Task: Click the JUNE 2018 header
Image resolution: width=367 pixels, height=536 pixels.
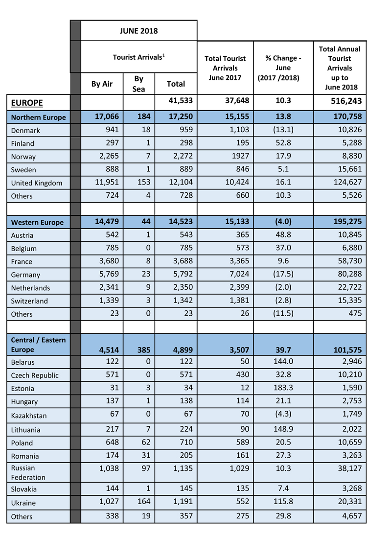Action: pos(139,31)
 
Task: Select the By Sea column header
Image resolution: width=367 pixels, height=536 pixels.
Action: pos(138,84)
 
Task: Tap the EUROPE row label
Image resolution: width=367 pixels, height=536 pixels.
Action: pos(27,103)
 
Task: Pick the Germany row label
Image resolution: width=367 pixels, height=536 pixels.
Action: pos(25,275)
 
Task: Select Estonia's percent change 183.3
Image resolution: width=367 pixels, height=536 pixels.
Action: pos(283,389)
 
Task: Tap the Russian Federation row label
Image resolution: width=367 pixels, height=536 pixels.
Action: pos(28,472)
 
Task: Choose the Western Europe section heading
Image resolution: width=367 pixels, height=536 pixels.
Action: pos(37,222)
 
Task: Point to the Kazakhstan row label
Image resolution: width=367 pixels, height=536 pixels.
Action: pos(29,416)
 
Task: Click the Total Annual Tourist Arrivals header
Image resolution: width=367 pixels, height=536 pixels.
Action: pos(340,68)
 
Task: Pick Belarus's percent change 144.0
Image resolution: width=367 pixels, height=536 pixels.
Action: pos(283,362)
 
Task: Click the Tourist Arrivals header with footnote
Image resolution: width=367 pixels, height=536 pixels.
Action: pos(139,57)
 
